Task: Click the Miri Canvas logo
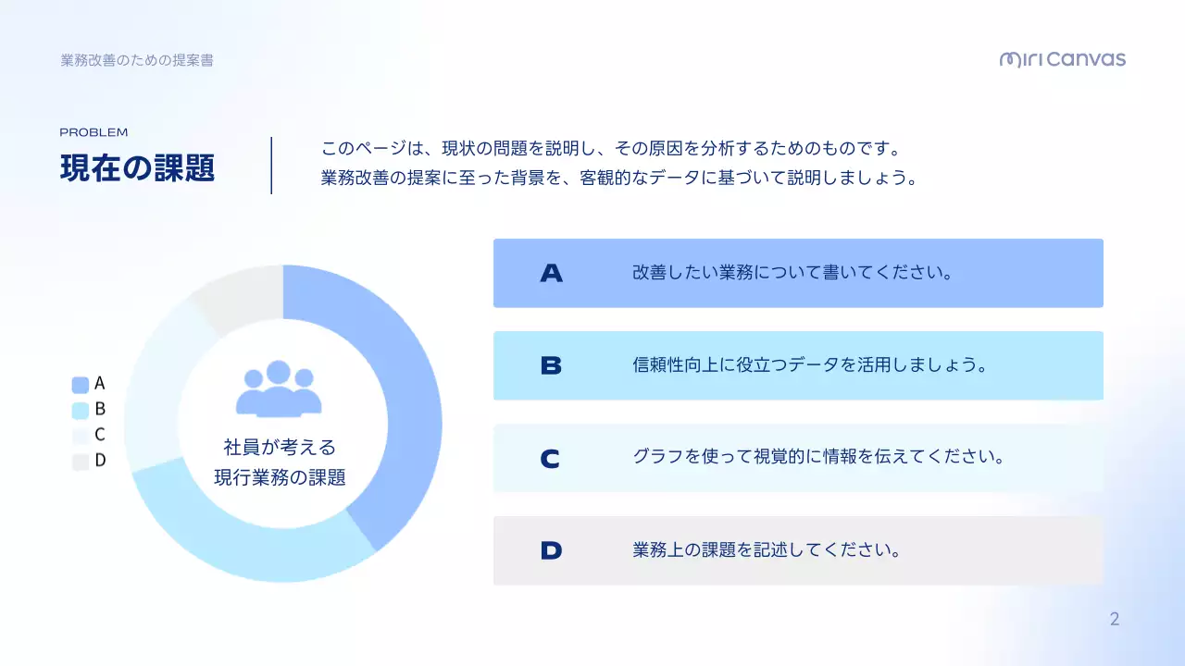point(1062,60)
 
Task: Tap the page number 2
point(1115,620)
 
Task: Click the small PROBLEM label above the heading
point(94,132)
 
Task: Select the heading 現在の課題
point(137,168)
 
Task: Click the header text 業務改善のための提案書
point(137,60)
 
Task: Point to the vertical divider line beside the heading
point(271,166)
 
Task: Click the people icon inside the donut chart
point(279,388)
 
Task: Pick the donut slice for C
point(153,388)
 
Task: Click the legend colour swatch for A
point(81,385)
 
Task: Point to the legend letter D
point(100,461)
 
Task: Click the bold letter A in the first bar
point(551,273)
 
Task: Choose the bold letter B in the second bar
point(551,365)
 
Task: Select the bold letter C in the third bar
point(551,458)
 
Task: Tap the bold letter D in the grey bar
point(551,550)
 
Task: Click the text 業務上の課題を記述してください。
point(767,550)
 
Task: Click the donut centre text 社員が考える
point(280,448)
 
